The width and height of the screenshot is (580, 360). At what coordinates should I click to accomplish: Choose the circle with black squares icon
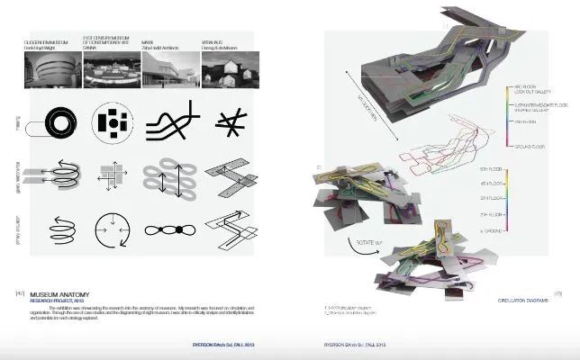(x=114, y=122)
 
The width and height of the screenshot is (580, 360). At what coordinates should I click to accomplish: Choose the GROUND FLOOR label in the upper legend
(x=530, y=146)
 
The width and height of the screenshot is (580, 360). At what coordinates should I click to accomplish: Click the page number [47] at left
(x=20, y=294)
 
